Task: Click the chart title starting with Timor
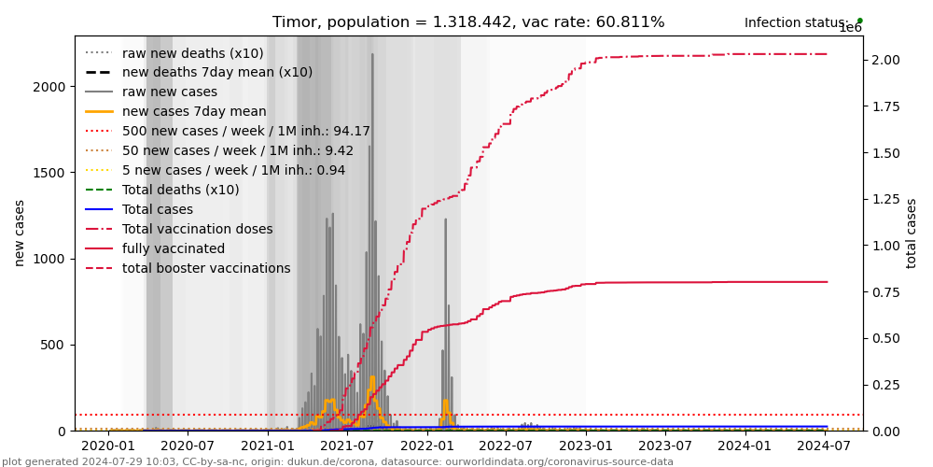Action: pos(468,22)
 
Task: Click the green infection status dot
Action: pos(859,21)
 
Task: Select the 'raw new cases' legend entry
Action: pos(169,92)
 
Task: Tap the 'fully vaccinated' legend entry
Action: pos(173,249)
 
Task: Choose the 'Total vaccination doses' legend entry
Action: pos(197,230)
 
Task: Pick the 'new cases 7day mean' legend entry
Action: pos(194,112)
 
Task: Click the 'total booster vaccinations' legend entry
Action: pos(206,269)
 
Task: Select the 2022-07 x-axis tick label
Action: pos(506,447)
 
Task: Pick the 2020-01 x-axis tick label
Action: pos(108,447)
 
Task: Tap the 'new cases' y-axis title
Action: pos(19,233)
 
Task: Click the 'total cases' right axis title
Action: pos(912,233)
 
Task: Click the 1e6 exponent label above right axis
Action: pos(850,29)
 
